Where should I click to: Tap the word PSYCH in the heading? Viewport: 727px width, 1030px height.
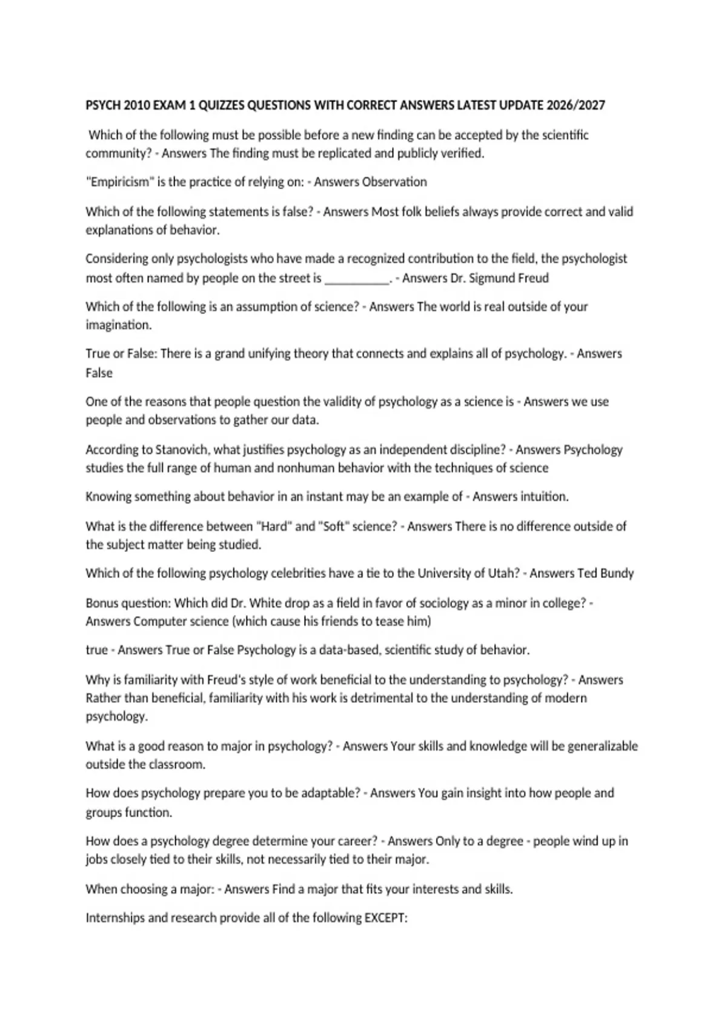[103, 105]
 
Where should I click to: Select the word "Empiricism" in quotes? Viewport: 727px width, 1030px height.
[119, 182]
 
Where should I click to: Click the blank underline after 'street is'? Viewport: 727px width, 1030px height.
[357, 279]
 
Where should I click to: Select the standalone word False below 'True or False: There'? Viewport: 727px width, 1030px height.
[99, 373]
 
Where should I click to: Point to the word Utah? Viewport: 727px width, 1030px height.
[506, 573]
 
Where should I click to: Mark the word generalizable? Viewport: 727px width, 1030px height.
[603, 746]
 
